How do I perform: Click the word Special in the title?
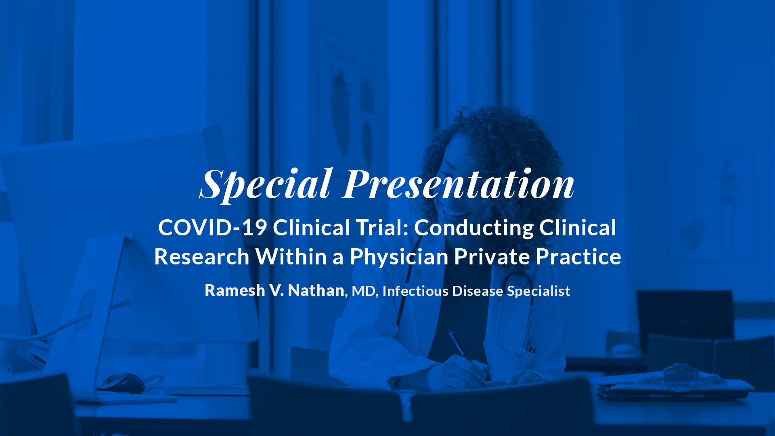click(266, 184)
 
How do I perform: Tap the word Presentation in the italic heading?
click(459, 184)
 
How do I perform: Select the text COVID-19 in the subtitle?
click(212, 227)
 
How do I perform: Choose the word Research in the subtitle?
click(202, 257)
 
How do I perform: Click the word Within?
click(291, 257)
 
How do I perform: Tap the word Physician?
click(399, 258)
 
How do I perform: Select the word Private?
click(492, 257)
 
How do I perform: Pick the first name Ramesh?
click(235, 290)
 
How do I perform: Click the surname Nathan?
click(316, 290)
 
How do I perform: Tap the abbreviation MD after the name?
click(364, 291)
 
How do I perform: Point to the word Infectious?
click(415, 291)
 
